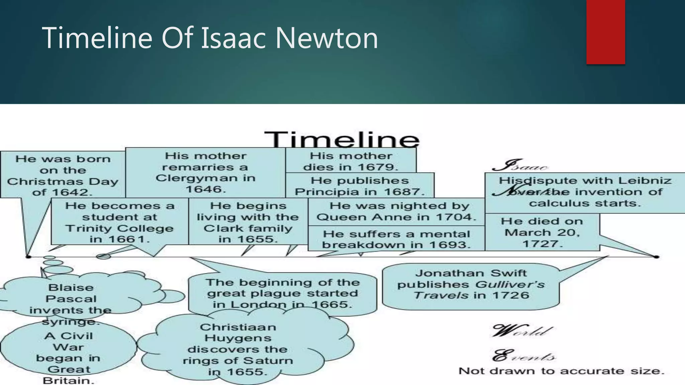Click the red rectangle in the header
[605, 32]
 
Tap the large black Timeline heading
[342, 140]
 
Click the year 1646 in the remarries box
[206, 189]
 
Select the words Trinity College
[119, 228]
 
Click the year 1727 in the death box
[542, 244]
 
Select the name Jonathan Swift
[471, 273]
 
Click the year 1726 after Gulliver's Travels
[510, 295]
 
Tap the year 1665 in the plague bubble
[331, 304]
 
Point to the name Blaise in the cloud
[71, 287]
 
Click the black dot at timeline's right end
[656, 257]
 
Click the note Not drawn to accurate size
[561, 371]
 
